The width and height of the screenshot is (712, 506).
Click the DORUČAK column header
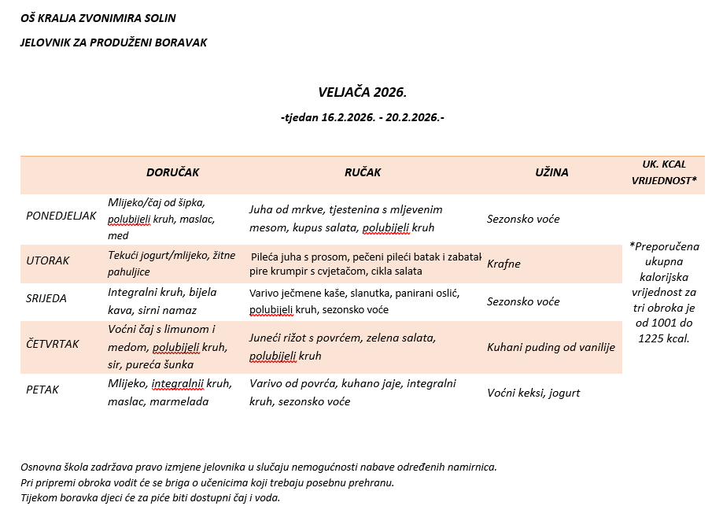[172, 172]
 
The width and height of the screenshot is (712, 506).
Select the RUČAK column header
[362, 172]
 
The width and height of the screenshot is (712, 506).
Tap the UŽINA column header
[552, 172]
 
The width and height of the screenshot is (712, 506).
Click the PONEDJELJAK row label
[61, 216]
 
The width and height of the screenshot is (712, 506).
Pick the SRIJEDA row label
[46, 298]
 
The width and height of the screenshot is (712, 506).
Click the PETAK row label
[42, 390]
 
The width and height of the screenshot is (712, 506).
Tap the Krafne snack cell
[505, 264]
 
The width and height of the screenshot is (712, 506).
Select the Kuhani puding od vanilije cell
[551, 347]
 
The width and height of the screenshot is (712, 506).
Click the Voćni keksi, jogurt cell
[533, 393]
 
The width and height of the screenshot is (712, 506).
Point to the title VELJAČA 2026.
[362, 92]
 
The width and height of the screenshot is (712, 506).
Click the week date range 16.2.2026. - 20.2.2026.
[362, 118]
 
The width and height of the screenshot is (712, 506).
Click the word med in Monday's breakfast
[118, 235]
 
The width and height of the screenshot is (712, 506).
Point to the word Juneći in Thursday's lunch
[266, 338]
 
